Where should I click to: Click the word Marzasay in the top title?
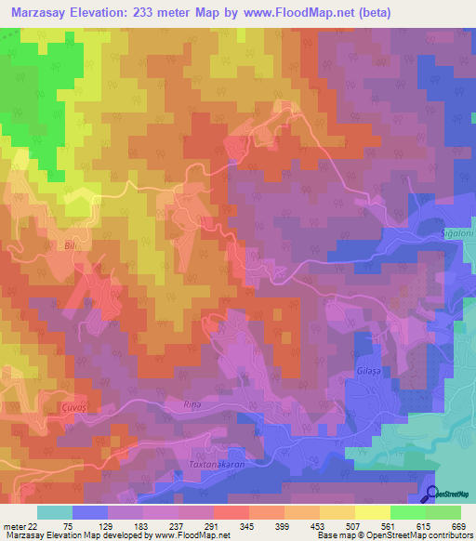42,12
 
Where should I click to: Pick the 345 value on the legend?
246,525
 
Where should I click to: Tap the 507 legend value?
352,525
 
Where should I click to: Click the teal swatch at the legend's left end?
55,512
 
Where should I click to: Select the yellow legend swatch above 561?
371,512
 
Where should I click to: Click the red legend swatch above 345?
231,512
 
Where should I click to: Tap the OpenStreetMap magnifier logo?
433,495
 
